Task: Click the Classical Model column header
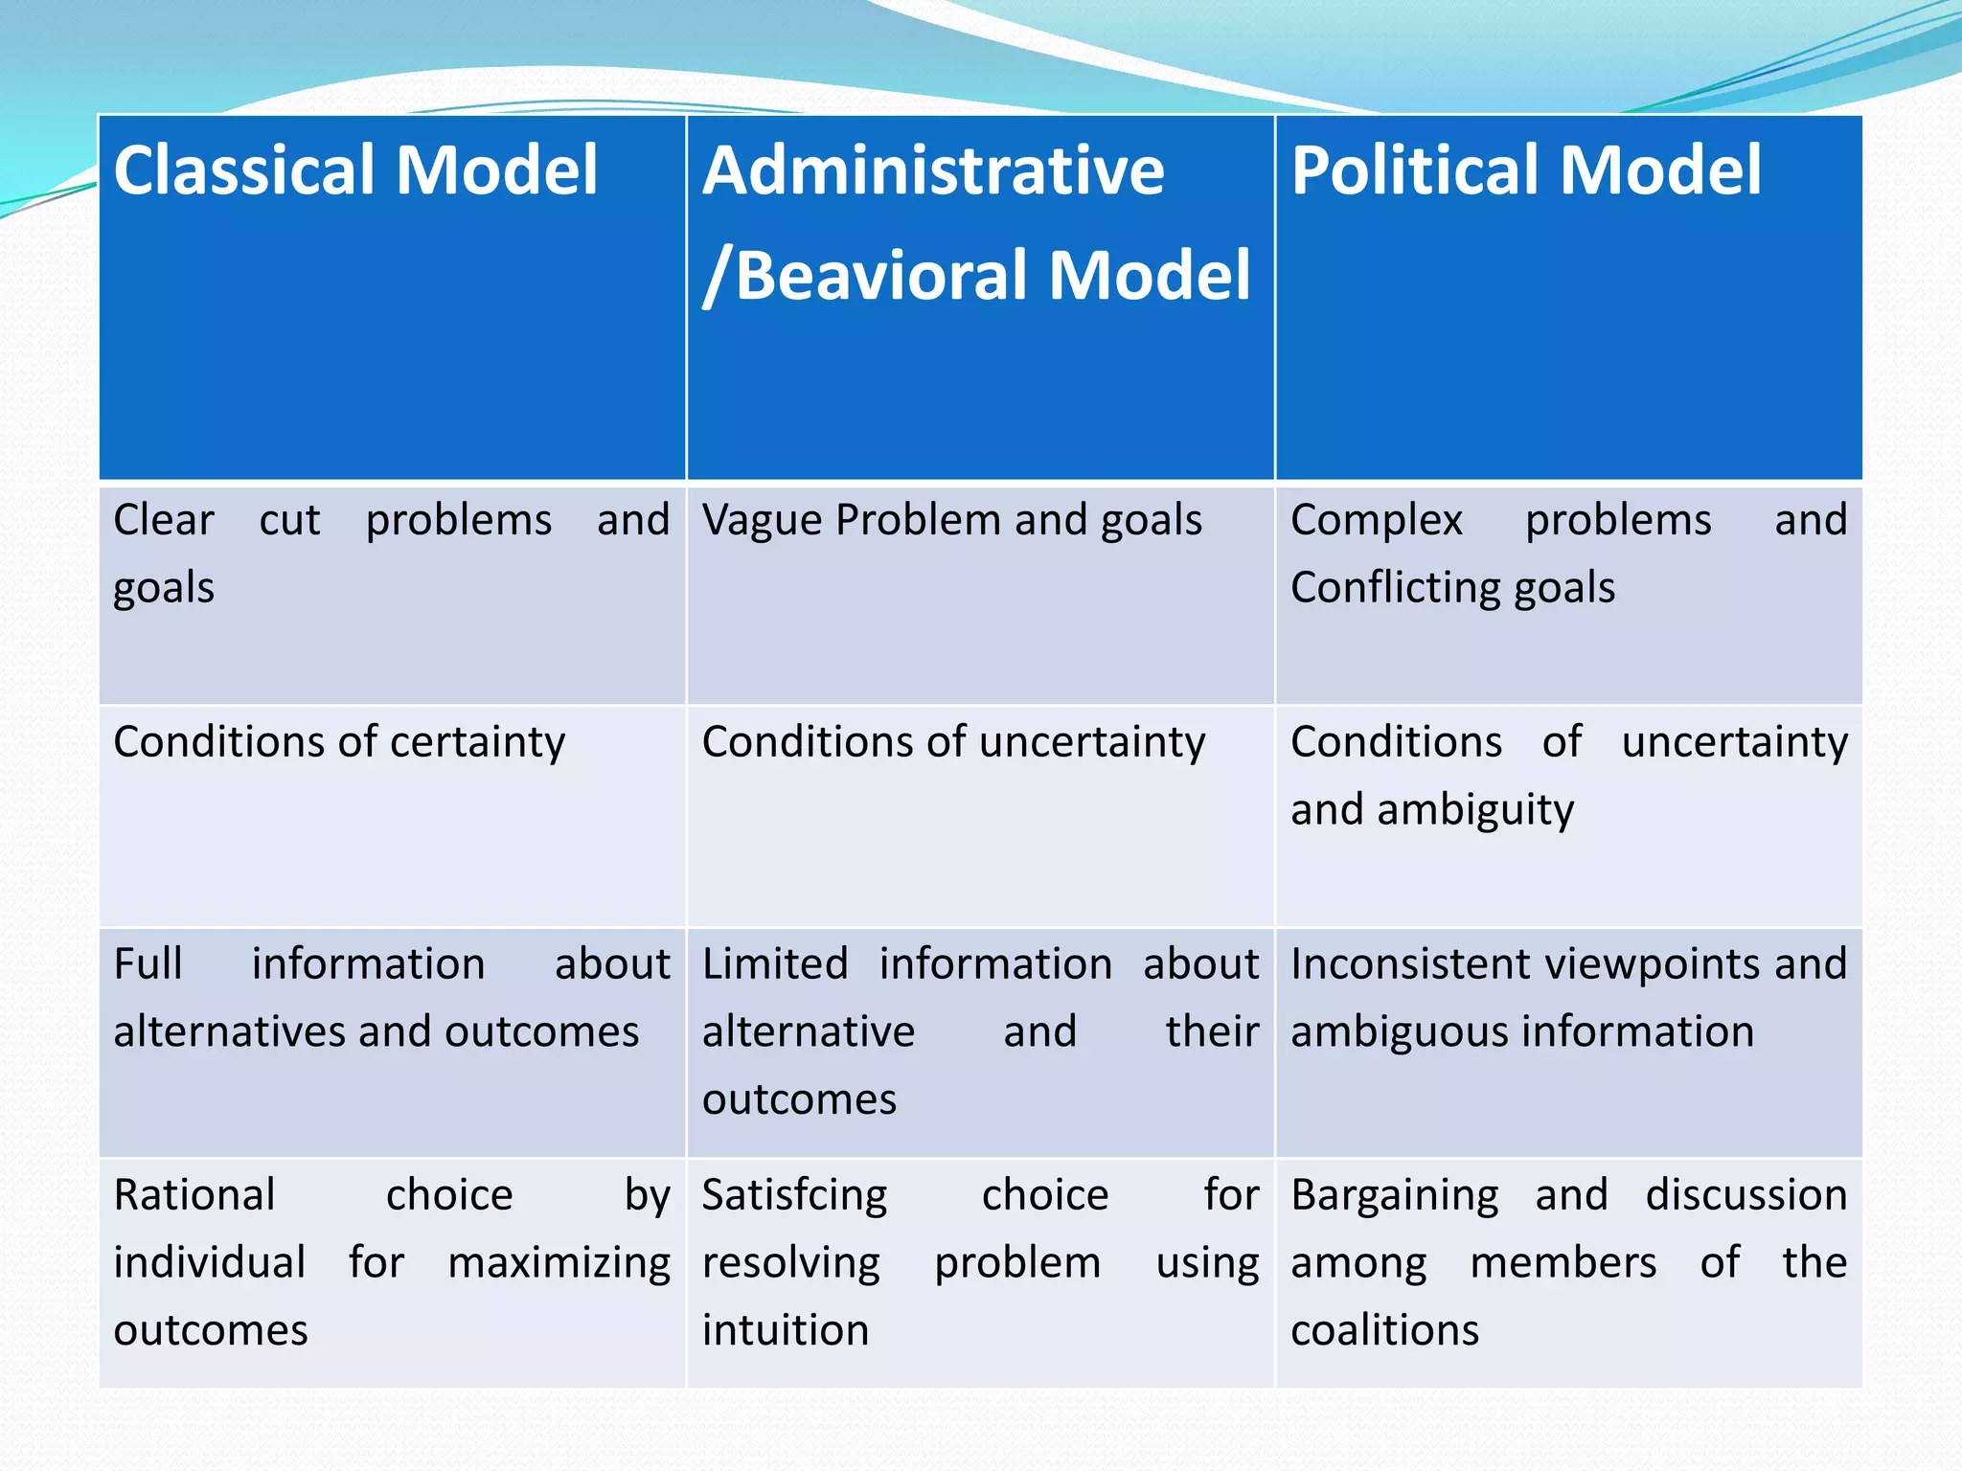click(355, 170)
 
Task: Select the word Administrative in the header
click(933, 170)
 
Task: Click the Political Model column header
click(1525, 170)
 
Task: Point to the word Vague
click(762, 521)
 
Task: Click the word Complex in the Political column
click(1376, 521)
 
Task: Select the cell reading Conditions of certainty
click(339, 742)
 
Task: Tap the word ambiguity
click(1474, 810)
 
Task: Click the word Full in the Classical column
click(148, 964)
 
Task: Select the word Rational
click(194, 1195)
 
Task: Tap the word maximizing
click(559, 1263)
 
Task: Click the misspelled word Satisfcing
click(794, 1195)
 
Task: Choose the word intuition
click(785, 1330)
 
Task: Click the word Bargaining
click(1394, 1195)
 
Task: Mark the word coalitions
click(1384, 1330)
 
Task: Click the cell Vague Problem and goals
click(951, 521)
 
